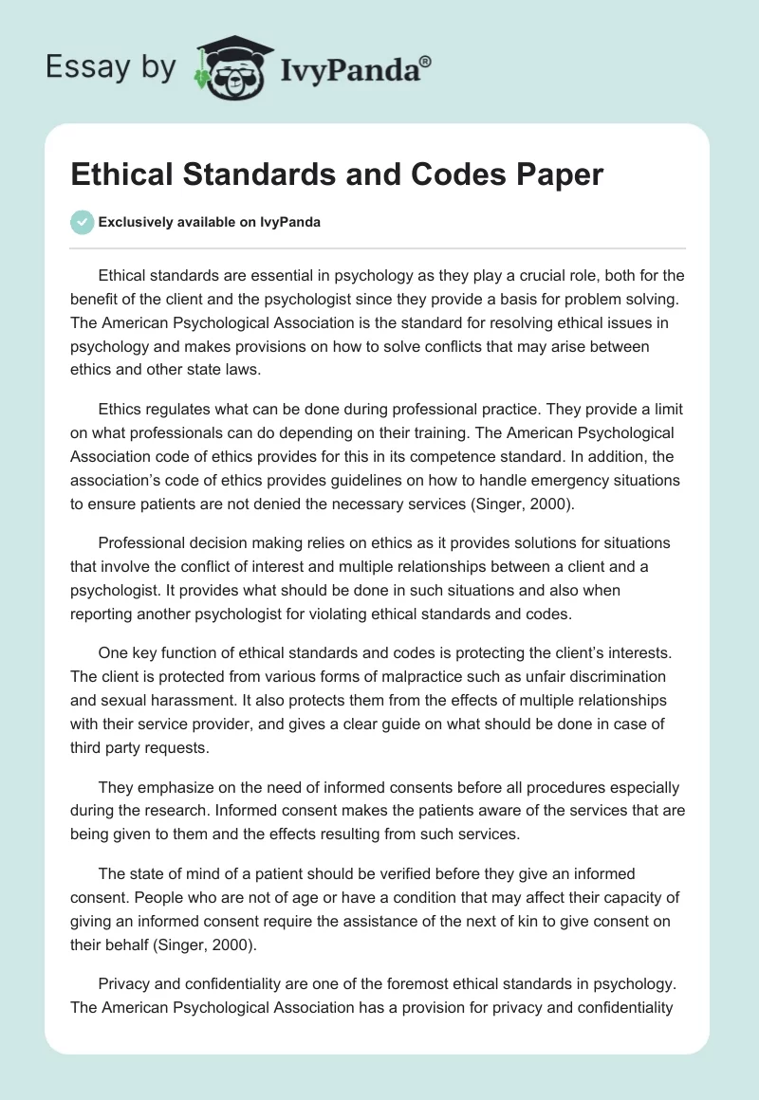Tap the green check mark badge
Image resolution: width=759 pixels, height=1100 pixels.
pyautogui.click(x=82, y=222)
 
